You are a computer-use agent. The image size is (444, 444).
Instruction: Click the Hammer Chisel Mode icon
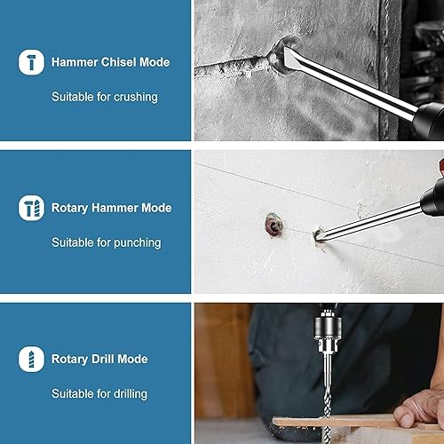pos(31,62)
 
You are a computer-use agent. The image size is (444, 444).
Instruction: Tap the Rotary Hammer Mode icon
pos(31,208)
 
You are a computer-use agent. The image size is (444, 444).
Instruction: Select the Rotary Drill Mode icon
pos(31,359)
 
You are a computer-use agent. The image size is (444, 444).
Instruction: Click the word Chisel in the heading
pos(119,62)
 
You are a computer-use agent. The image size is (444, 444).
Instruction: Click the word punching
pos(138,243)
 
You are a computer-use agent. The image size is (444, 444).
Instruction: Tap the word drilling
pos(131,394)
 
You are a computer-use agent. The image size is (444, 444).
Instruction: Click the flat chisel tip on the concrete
pos(289,59)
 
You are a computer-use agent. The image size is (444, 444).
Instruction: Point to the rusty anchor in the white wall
pos(274,225)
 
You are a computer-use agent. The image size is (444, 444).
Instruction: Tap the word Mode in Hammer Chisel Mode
pos(155,62)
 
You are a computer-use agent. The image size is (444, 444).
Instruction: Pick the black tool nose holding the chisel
pos(428,121)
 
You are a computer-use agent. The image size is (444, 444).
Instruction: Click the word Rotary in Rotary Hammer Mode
pos(70,209)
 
